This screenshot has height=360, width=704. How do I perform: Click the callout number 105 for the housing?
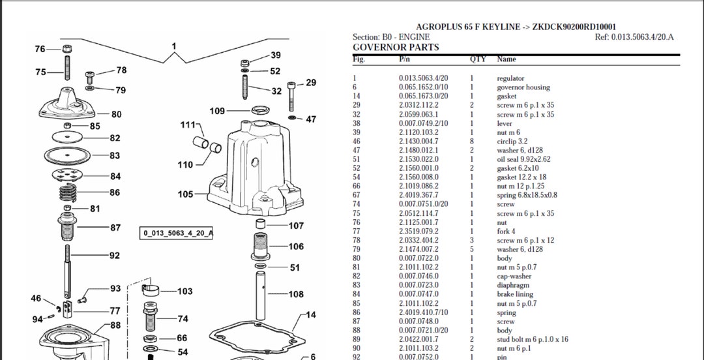(x=186, y=194)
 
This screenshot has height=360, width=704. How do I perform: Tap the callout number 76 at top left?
(x=40, y=50)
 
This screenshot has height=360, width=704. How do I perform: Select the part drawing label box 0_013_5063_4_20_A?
(x=179, y=233)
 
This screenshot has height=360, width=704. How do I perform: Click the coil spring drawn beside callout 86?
(x=68, y=193)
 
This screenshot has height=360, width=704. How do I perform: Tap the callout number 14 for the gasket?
(x=311, y=315)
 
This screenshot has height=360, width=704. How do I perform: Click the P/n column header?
(x=404, y=59)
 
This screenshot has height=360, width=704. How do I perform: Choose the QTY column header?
(x=478, y=59)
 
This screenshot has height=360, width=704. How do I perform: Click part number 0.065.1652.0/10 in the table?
(x=423, y=87)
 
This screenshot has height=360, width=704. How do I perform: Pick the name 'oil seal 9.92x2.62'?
(x=523, y=159)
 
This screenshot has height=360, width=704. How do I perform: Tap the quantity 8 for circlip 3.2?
(x=472, y=141)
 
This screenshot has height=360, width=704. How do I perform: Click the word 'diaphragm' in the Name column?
(x=513, y=285)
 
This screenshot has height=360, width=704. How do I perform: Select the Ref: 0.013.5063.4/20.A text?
(x=634, y=37)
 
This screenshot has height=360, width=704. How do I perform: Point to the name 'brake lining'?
(x=515, y=294)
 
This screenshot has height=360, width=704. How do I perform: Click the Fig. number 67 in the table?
(x=356, y=195)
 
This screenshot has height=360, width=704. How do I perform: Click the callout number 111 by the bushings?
(x=188, y=124)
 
